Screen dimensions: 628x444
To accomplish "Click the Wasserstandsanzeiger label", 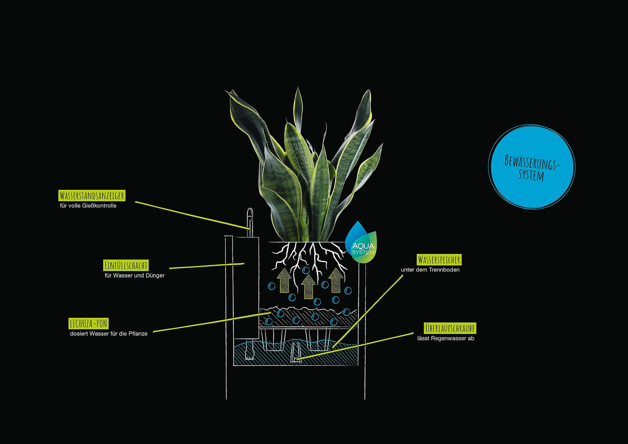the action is pyautogui.click(x=92, y=195).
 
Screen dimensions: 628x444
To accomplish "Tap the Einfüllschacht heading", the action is pyautogui.click(x=126, y=265).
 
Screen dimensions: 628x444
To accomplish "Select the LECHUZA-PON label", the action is pyautogui.click(x=89, y=324).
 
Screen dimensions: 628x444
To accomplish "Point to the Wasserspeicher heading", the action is pyautogui.click(x=439, y=260).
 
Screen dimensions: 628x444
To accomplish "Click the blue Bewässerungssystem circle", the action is pyautogui.click(x=532, y=167).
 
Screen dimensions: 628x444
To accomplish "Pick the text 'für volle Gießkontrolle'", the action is pyautogui.click(x=88, y=206).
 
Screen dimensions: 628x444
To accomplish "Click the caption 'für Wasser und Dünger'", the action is pyautogui.click(x=135, y=275).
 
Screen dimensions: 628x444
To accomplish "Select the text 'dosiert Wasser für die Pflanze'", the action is pyautogui.click(x=109, y=334).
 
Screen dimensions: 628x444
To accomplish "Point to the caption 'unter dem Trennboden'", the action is pyautogui.click(x=430, y=270).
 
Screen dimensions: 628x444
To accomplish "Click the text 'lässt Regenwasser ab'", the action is pyautogui.click(x=446, y=338).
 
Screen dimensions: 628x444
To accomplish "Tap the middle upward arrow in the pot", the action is pyautogui.click(x=309, y=286).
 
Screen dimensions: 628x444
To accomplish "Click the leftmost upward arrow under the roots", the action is pyautogui.click(x=284, y=280).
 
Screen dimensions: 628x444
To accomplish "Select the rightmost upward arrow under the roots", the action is pyautogui.click(x=336, y=280).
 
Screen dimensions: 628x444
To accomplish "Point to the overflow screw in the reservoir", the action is pyautogui.click(x=296, y=354).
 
